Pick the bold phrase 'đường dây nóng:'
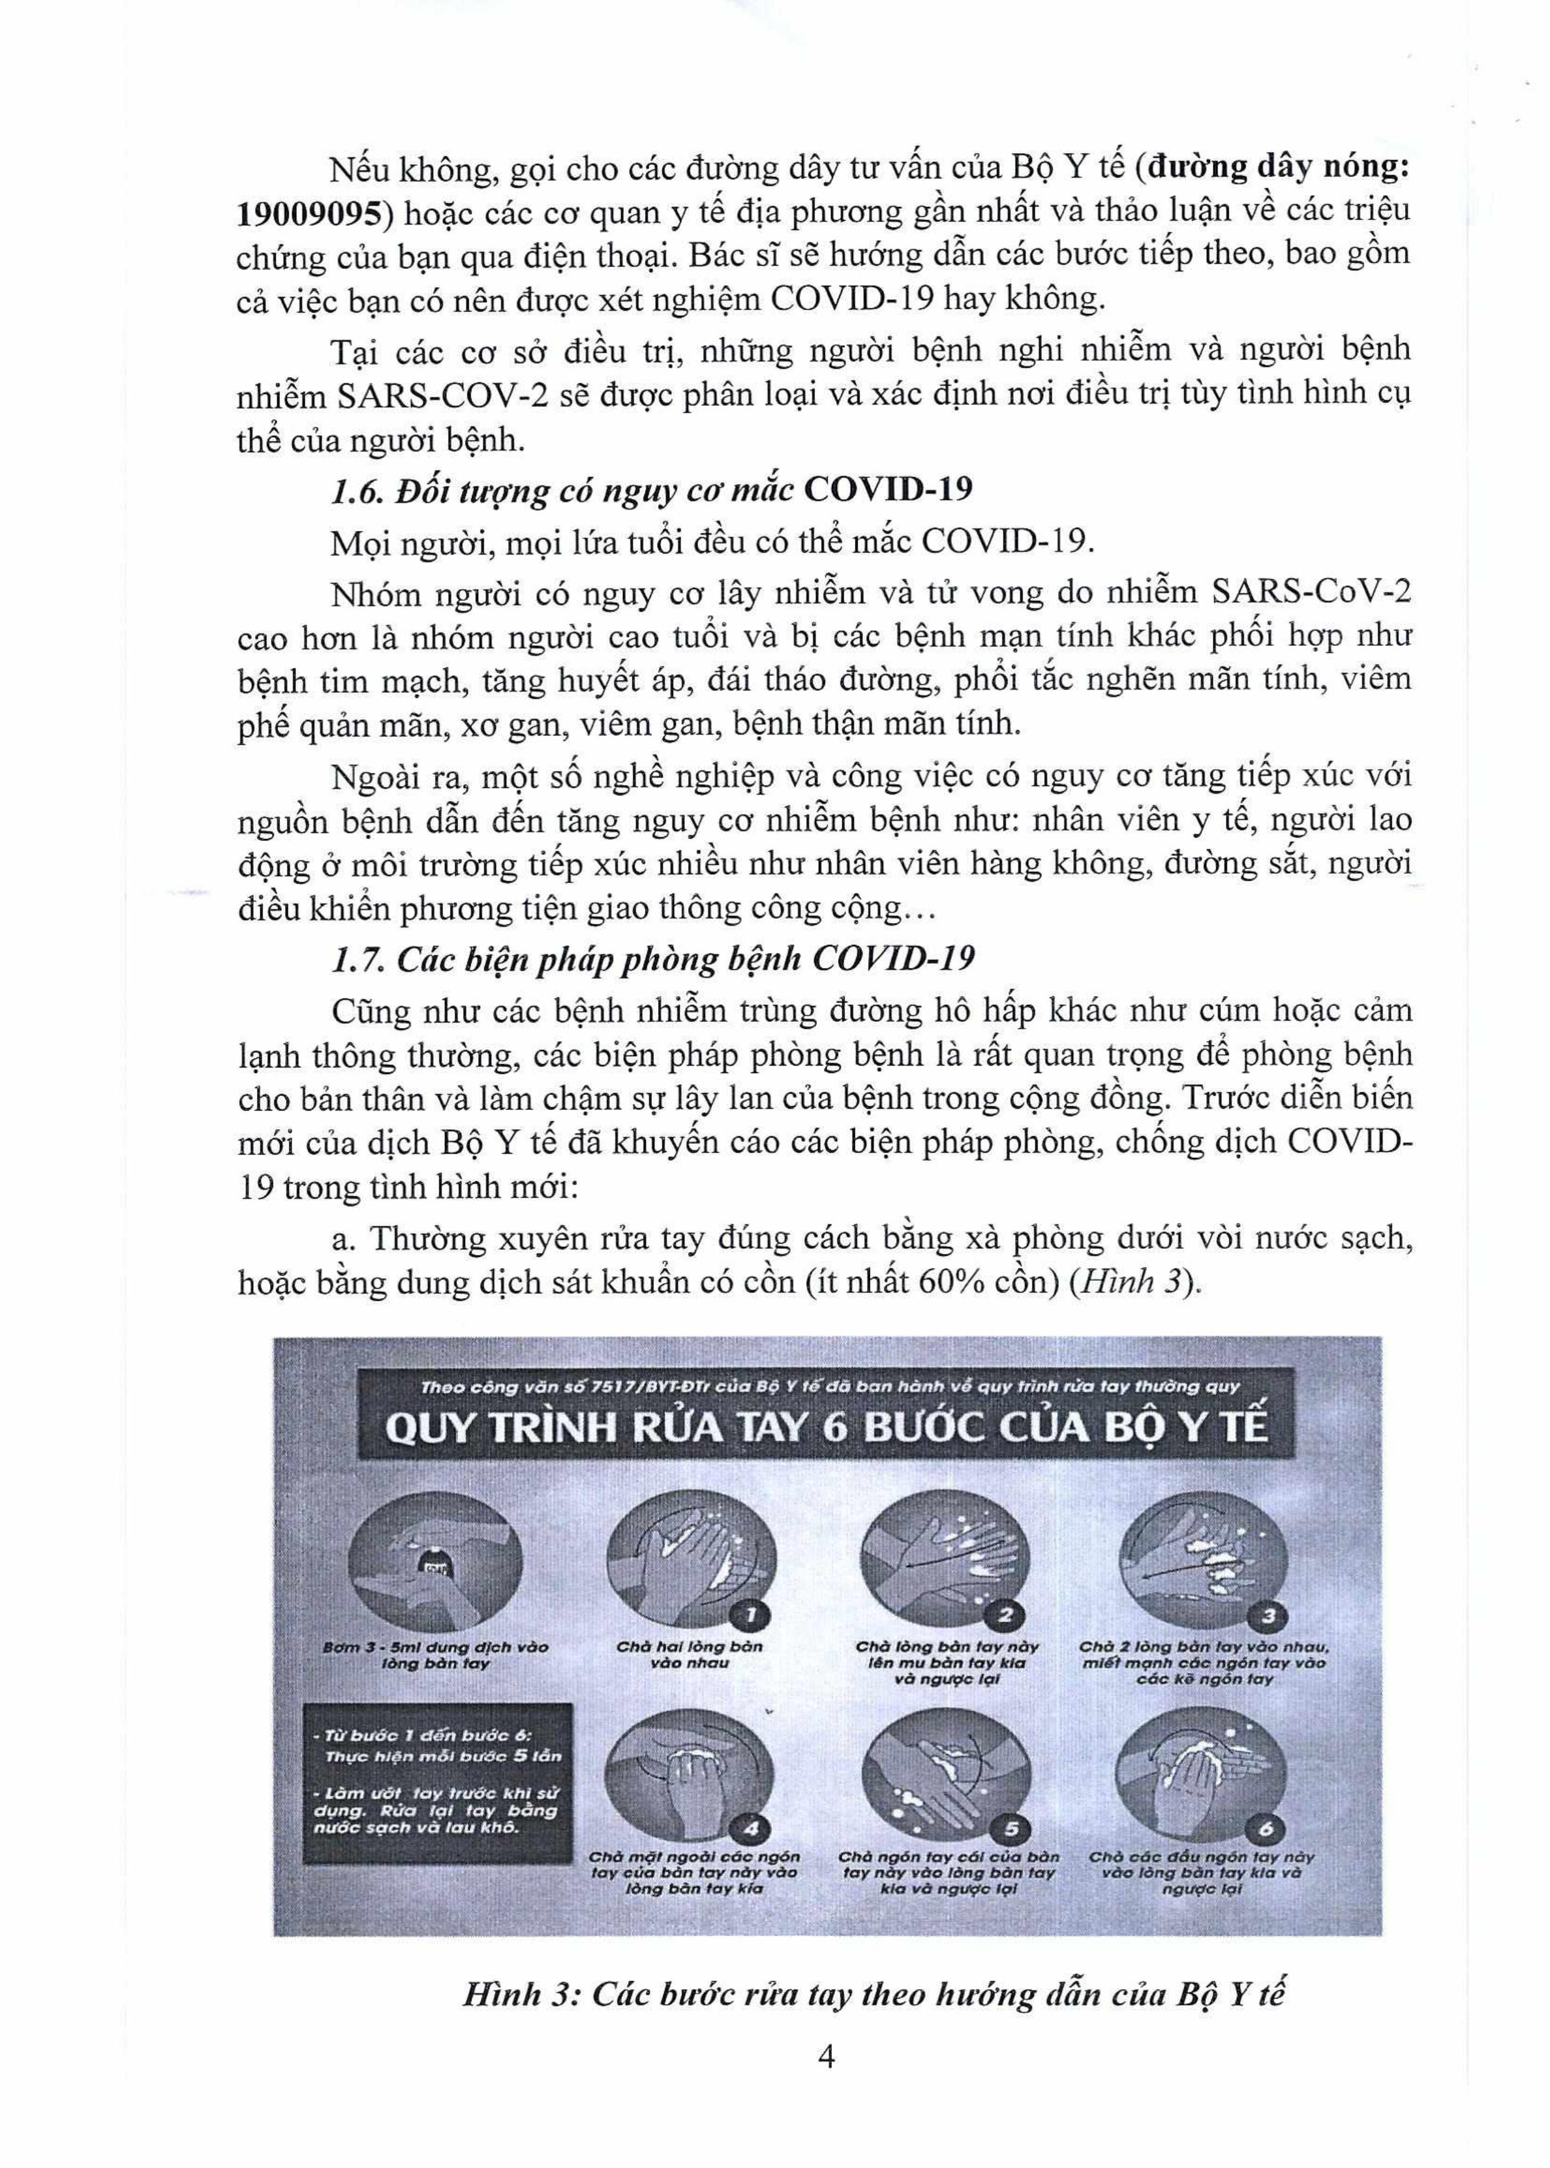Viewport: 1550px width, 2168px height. [x=1279, y=169]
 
